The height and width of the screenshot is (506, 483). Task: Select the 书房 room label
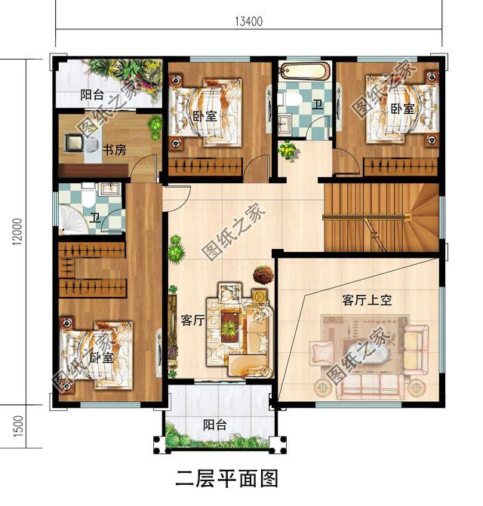coord(114,151)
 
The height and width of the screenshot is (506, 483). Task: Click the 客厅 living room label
coord(193,320)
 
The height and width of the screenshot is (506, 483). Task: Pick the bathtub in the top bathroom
coord(304,73)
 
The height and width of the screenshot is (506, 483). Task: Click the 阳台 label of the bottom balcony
coord(216,425)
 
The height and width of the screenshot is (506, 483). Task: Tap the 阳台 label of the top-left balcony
coord(92,96)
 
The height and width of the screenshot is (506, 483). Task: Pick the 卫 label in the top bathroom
coord(318,105)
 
